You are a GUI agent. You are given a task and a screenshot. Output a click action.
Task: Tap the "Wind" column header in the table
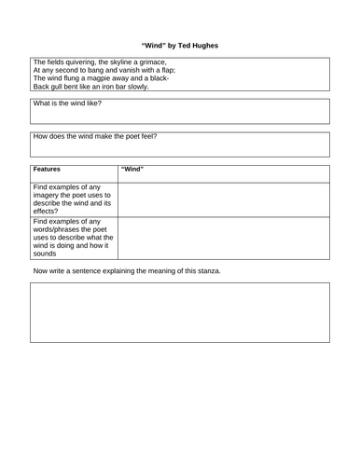[x=132, y=170]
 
